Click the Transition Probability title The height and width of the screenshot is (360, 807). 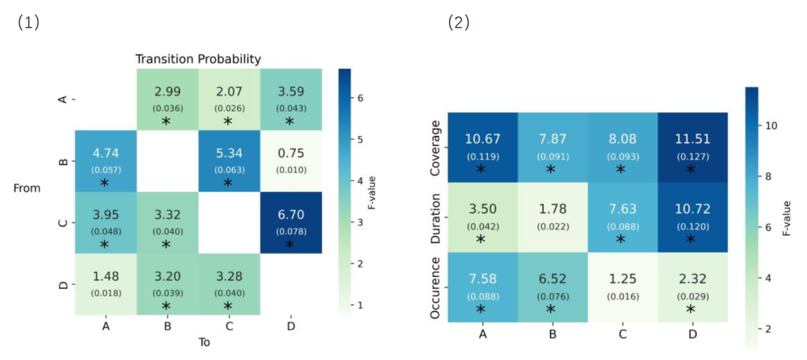pyautogui.click(x=198, y=59)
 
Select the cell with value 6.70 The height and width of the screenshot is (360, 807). pyautogui.click(x=291, y=223)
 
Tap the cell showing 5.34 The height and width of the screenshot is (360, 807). pyautogui.click(x=229, y=161)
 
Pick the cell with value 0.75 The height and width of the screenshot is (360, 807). pyautogui.click(x=291, y=161)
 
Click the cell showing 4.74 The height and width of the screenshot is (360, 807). pyautogui.click(x=105, y=161)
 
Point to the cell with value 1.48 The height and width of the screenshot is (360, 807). pyautogui.click(x=105, y=284)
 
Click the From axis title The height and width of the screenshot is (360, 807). pyautogui.click(x=27, y=189)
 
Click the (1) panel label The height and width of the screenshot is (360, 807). pyautogui.click(x=28, y=22)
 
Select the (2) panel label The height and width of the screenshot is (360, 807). pyautogui.click(x=459, y=22)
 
